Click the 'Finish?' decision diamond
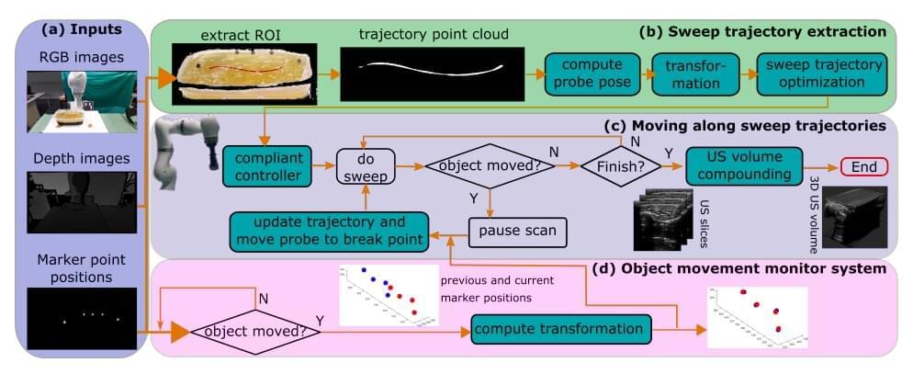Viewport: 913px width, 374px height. [x=621, y=166]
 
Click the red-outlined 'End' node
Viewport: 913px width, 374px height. [x=864, y=166]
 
